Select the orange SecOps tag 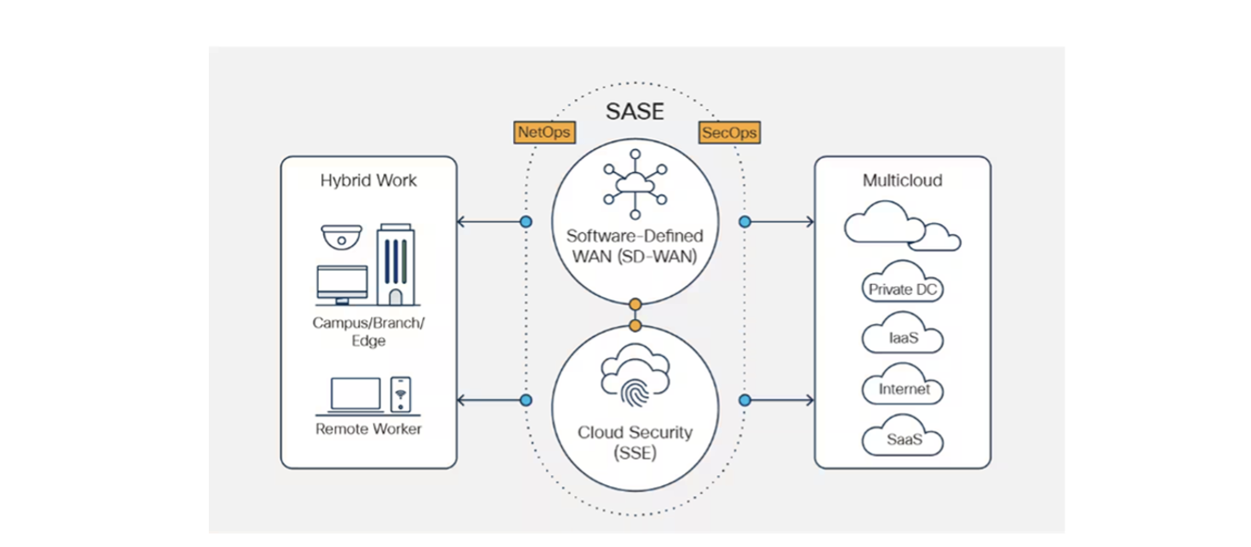point(729,132)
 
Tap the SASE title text point(635,111)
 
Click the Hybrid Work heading point(369,181)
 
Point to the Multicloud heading point(902,181)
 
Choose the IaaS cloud point(903,336)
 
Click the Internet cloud point(903,388)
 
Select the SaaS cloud point(903,439)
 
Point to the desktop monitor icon point(342,285)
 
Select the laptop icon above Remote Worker point(356,395)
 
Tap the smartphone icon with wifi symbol point(400,394)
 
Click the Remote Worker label point(369,428)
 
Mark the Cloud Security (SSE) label point(635,442)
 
